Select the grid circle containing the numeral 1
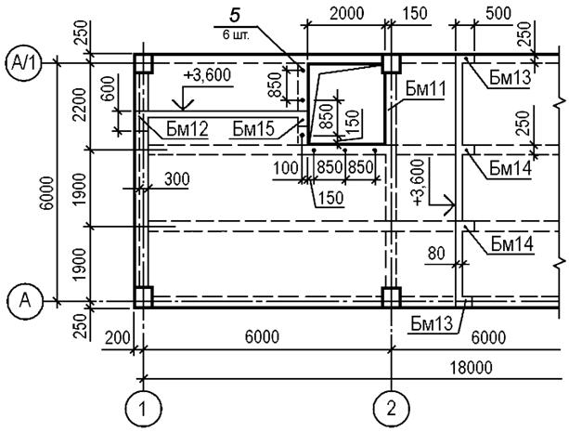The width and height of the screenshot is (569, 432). pos(144,407)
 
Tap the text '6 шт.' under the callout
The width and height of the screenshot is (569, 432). pos(236,32)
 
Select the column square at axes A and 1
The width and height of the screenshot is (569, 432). pos(143,297)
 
